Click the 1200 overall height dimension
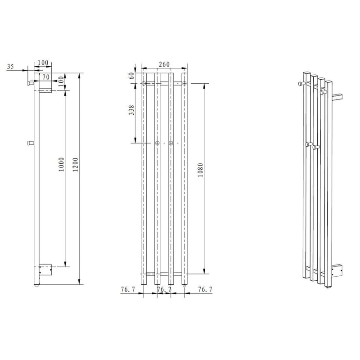pos(76,164)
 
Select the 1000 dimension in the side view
pos(62,164)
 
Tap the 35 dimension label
pos(10,67)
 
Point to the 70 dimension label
pos(46,77)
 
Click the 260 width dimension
pos(164,64)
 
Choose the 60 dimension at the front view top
pos(131,76)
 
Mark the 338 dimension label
pos(131,110)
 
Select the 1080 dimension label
pos(200,170)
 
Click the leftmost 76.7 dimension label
pos(128,289)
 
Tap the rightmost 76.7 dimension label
pos(205,289)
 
